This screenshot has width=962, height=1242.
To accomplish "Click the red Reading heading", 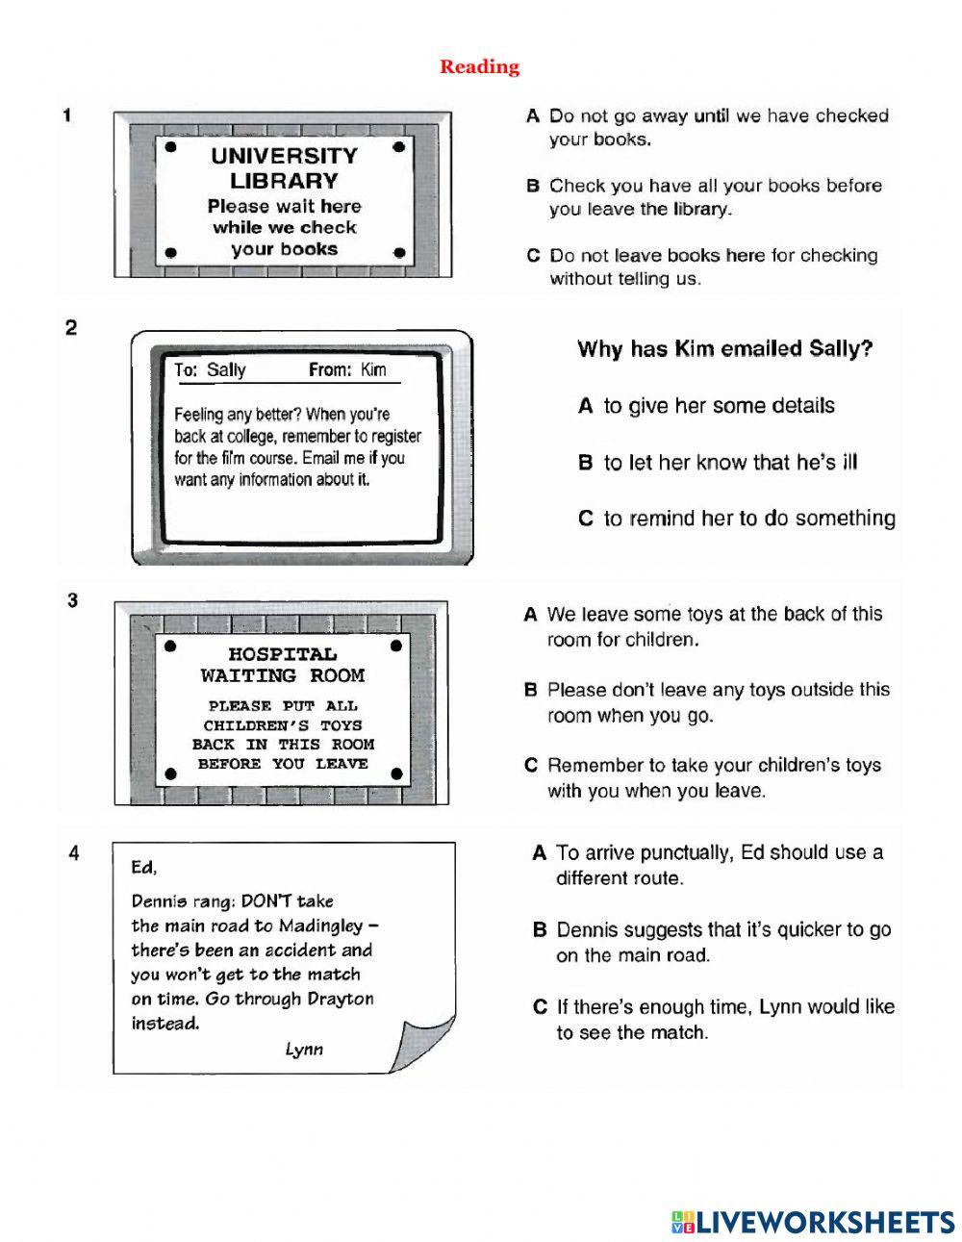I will pyautogui.click(x=479, y=66).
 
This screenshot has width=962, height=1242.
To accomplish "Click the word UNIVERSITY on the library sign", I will pyautogui.click(x=284, y=156).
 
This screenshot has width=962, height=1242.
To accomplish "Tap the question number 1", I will pyautogui.click(x=67, y=115).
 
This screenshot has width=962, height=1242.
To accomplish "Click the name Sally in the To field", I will pyautogui.click(x=226, y=370).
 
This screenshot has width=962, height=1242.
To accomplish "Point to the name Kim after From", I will pyautogui.click(x=373, y=370).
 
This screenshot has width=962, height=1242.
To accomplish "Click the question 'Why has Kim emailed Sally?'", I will pyautogui.click(x=724, y=348).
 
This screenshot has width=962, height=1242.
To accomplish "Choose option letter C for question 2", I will pyautogui.click(x=585, y=519).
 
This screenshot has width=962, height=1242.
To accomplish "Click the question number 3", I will pyautogui.click(x=72, y=600).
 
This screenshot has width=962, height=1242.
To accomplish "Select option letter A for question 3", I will pyautogui.click(x=530, y=614).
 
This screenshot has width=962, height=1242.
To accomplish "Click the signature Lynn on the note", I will pyautogui.click(x=304, y=1050).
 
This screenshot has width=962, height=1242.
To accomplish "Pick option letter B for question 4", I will pyautogui.click(x=540, y=930).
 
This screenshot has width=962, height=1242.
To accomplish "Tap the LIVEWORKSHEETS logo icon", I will pyautogui.click(x=683, y=1222).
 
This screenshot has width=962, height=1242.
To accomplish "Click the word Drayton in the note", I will pyautogui.click(x=340, y=999).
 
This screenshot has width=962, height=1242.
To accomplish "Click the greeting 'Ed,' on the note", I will pyautogui.click(x=143, y=867).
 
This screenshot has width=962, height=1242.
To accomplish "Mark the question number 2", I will pyautogui.click(x=71, y=328).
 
